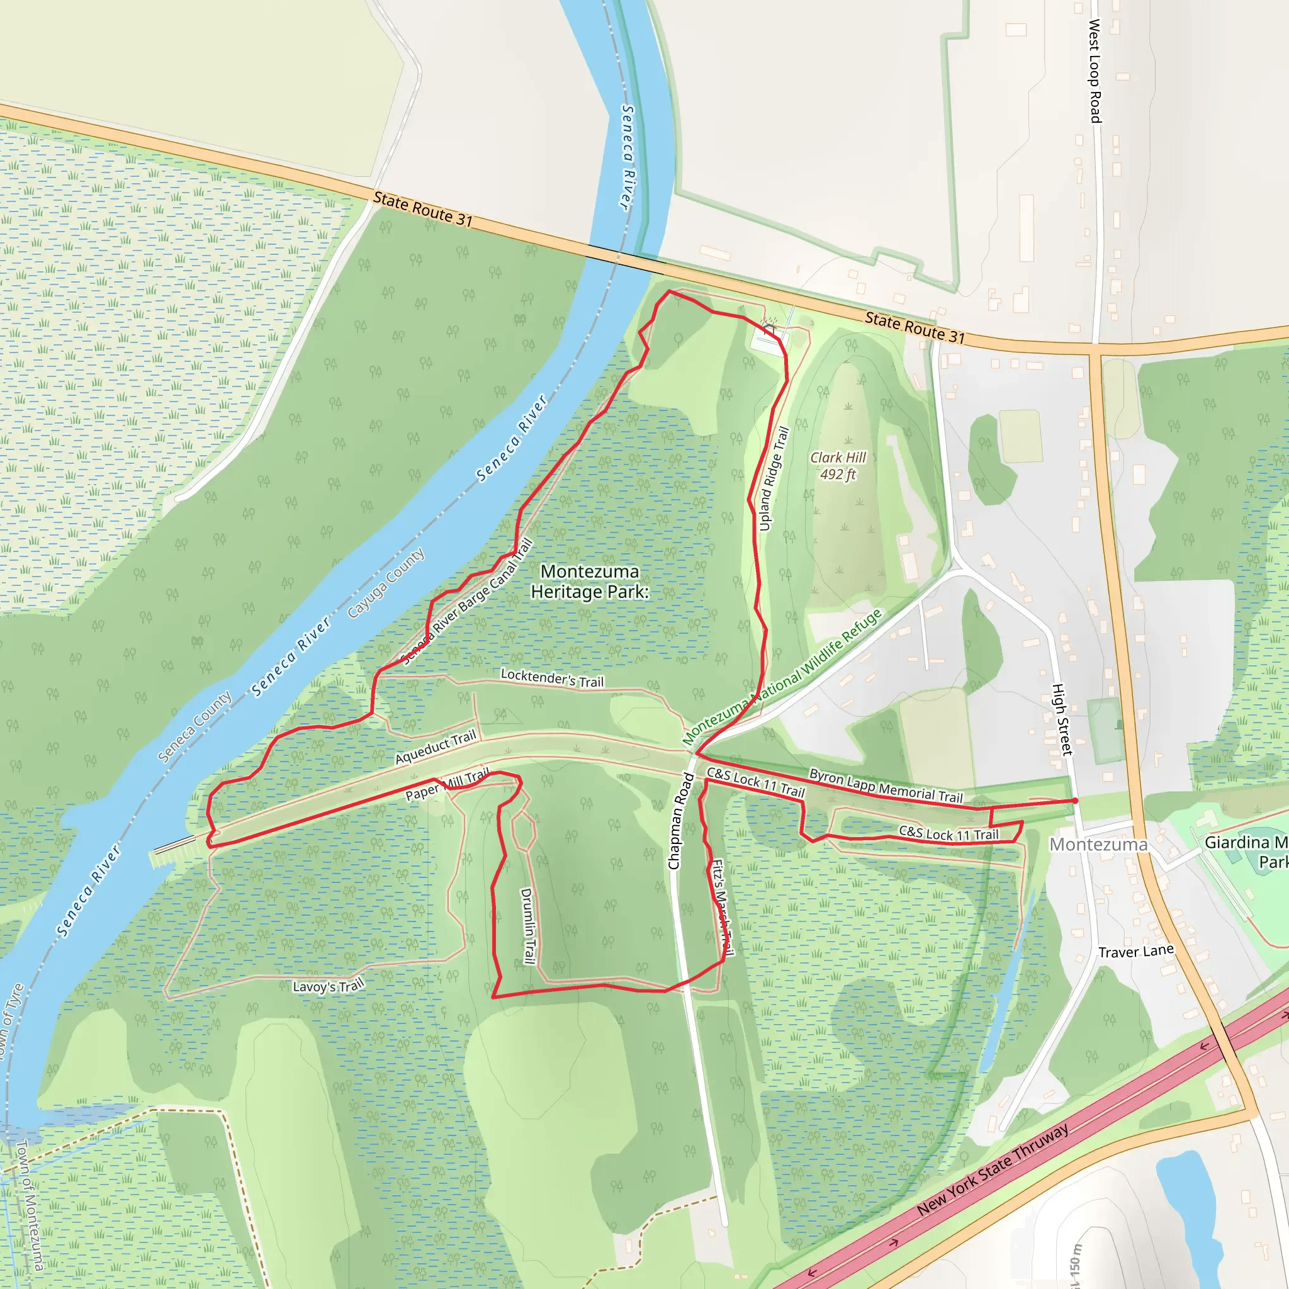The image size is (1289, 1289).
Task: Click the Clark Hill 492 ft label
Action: tap(838, 466)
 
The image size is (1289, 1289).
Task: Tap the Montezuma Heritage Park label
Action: tap(590, 581)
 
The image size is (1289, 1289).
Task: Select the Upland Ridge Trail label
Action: tap(774, 479)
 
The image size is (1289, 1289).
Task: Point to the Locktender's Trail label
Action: tap(553, 678)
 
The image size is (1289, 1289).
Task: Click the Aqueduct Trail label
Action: tap(436, 747)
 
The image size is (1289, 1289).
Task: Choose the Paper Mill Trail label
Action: tap(447, 785)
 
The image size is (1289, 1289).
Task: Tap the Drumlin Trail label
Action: tap(527, 926)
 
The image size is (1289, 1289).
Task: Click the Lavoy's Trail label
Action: tap(329, 986)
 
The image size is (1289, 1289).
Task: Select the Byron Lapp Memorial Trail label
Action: tap(886, 786)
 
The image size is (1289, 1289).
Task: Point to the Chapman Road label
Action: tap(681, 821)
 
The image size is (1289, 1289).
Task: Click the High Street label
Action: tap(1062, 719)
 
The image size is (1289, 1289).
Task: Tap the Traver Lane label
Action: tap(1135, 952)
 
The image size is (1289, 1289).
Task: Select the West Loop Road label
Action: tap(1095, 71)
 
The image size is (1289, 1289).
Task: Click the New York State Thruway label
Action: tap(993, 1169)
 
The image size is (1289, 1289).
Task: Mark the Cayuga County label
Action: tap(386, 583)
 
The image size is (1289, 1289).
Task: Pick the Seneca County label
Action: tap(195, 726)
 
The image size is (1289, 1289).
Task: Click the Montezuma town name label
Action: tap(1098, 845)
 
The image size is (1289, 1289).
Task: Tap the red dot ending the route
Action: tap(1075, 801)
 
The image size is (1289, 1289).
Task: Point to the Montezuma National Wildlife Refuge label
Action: tap(782, 677)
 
